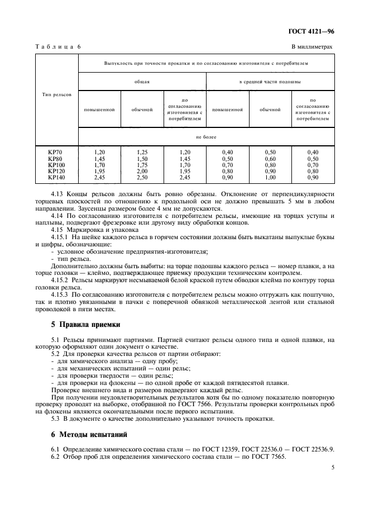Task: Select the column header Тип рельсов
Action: [57, 96]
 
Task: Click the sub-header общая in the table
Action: [142, 82]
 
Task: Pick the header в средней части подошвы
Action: [270, 82]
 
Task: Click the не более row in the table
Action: [206, 136]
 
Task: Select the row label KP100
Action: [56, 165]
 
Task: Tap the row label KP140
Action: [56, 177]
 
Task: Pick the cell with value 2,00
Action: [142, 171]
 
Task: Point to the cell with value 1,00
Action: [270, 177]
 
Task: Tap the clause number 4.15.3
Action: [59, 295]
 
